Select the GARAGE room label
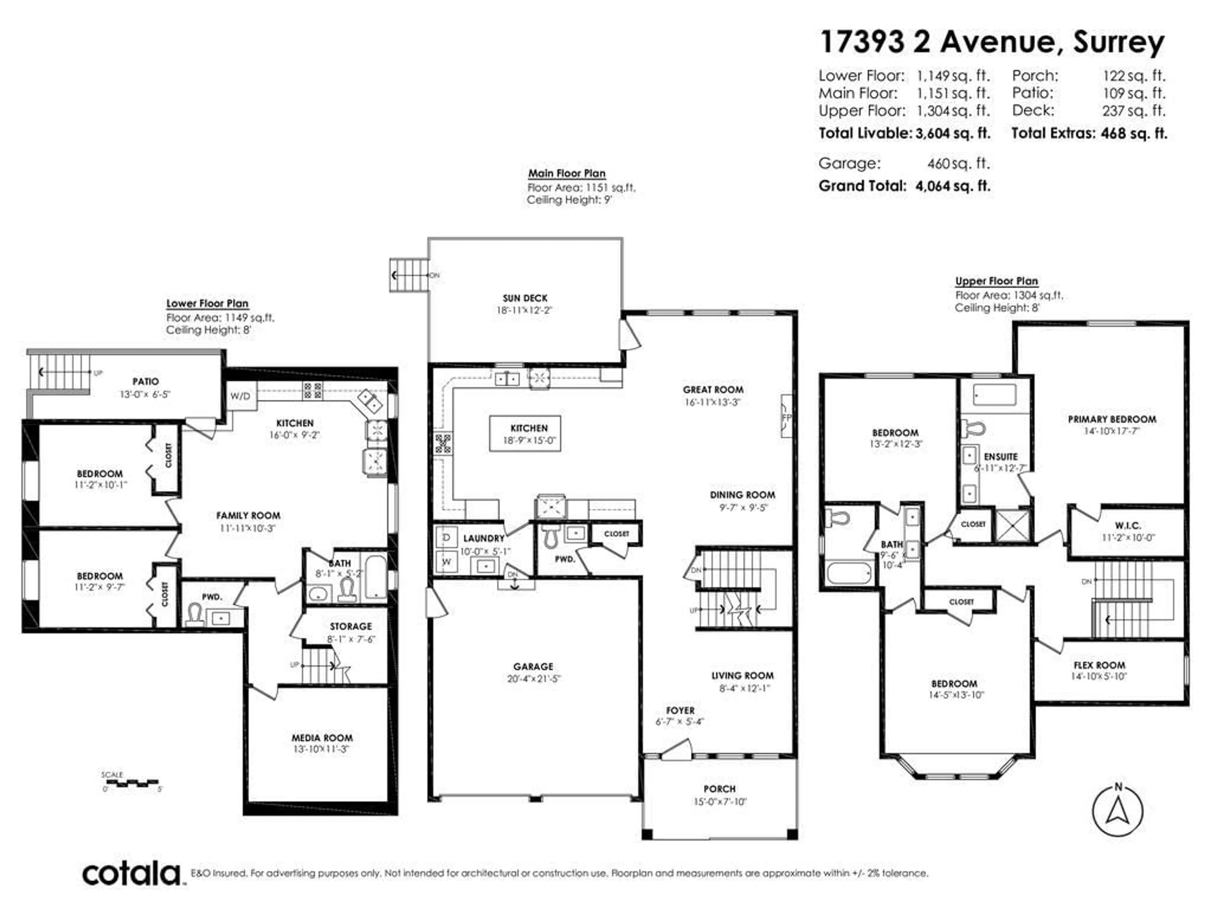533,666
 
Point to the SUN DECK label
525,298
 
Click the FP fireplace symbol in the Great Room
786,417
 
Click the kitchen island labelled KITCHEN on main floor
525,433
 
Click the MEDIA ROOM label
322,738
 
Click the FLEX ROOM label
1099,665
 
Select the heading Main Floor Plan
567,173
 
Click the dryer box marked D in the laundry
447,538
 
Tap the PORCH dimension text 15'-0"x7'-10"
719,802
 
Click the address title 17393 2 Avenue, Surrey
992,42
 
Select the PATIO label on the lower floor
146,381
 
